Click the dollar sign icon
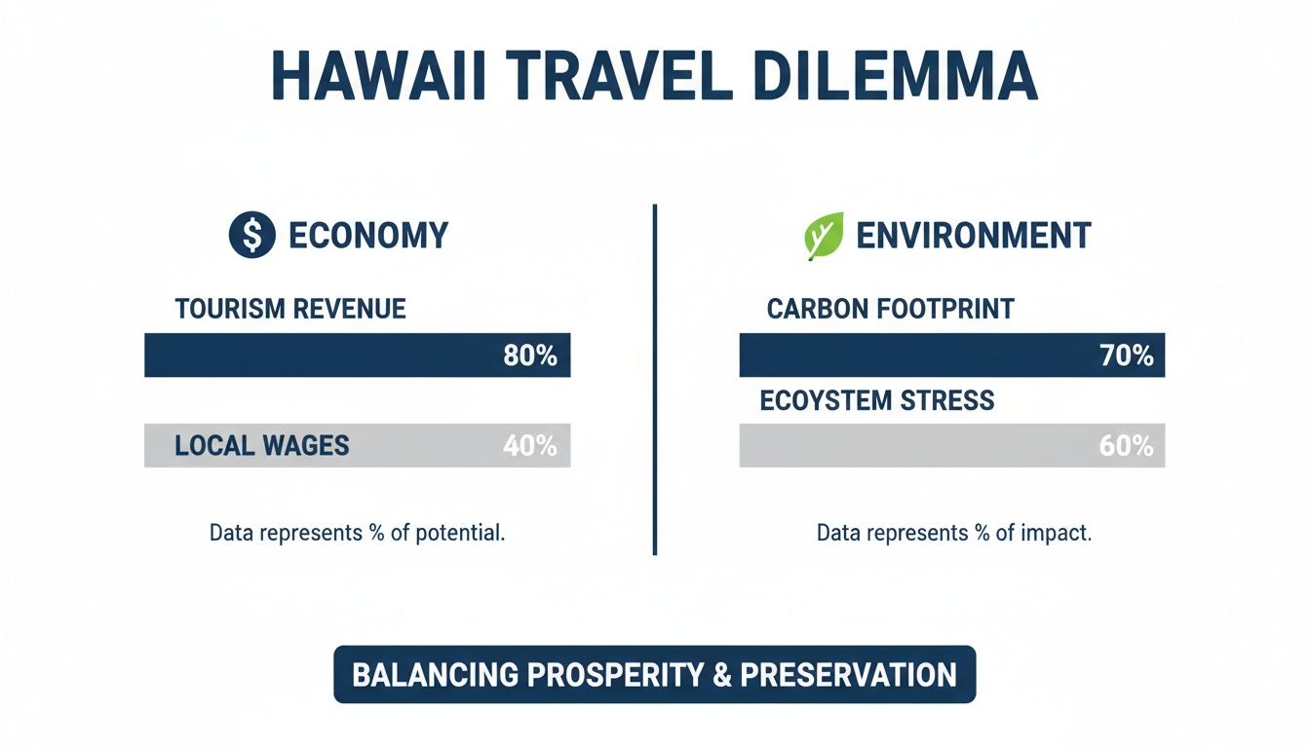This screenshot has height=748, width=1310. pos(251,236)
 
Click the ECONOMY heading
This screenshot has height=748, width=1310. pos(368,236)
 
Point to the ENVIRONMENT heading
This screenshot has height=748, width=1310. pos(973,236)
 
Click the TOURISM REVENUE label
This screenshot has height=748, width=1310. pos(290,310)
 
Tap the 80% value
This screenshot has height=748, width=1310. pos(529,355)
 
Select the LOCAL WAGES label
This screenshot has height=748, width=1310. pos(261,446)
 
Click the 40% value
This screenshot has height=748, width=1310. pos(529,446)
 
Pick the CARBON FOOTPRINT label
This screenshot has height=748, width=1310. pos(890,310)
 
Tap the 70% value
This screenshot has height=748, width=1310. pos(1126,355)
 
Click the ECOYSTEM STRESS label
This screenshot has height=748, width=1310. pos(876,400)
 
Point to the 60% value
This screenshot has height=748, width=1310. pos(1126,446)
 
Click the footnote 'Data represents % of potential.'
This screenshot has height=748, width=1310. pos(357,534)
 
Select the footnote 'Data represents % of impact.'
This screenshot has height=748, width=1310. pos(953,534)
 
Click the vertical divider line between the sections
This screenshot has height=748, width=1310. pos(654,380)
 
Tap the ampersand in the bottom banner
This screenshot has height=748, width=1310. pos(721,675)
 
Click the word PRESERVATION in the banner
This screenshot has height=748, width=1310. pos(848,675)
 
